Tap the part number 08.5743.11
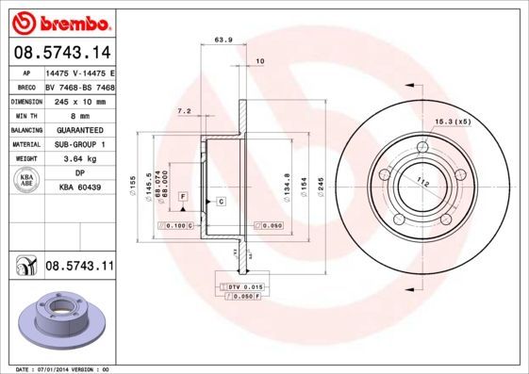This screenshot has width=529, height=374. (x=79, y=267)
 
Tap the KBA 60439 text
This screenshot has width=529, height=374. (x=79, y=187)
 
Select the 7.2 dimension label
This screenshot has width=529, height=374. (x=185, y=112)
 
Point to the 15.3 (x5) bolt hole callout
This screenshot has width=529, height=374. (x=453, y=122)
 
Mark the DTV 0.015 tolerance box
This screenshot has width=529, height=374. (x=242, y=285)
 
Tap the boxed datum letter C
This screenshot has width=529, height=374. (x=220, y=202)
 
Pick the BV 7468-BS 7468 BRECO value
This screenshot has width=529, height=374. (x=79, y=86)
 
